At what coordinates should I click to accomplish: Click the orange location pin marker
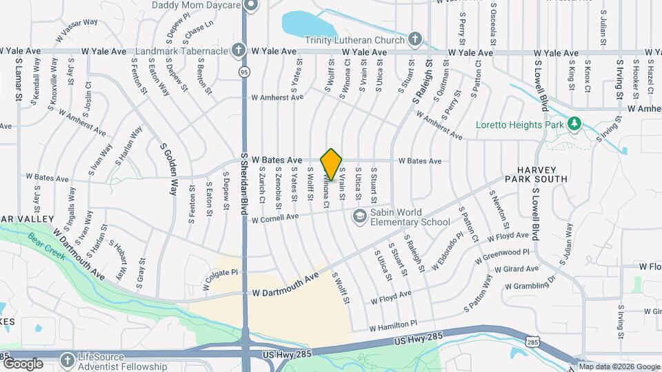[x=332, y=164]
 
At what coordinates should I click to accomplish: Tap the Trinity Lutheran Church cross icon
[x=416, y=38]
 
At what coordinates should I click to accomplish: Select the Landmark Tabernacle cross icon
[x=238, y=50]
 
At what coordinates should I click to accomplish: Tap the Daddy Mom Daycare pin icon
[x=251, y=5]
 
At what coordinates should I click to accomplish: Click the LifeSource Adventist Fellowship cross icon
[x=67, y=360]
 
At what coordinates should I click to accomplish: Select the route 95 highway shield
[x=245, y=70]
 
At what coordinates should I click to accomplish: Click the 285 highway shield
[x=532, y=341]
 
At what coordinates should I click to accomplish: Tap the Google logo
[x=23, y=364]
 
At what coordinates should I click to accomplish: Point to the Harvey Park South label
[x=543, y=174]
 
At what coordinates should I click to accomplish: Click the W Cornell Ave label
[x=275, y=220]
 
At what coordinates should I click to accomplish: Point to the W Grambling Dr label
[x=530, y=283]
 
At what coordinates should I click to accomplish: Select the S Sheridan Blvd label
[x=244, y=185]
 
